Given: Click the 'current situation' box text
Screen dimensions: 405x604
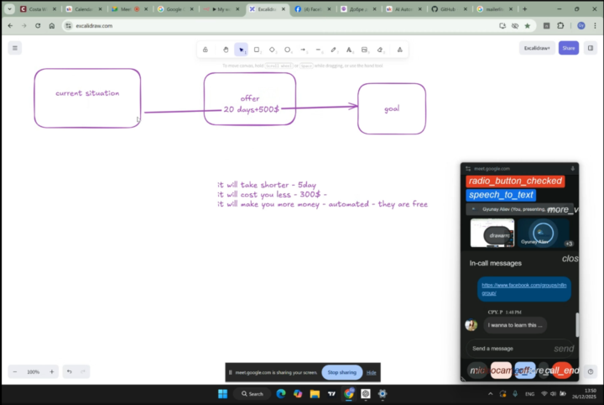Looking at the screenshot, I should click(x=87, y=93).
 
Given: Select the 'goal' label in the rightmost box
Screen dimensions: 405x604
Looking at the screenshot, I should click(x=392, y=108).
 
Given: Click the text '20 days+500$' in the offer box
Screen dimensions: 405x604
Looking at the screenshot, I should click(x=251, y=109).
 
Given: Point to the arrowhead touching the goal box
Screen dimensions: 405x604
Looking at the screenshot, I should click(x=353, y=106).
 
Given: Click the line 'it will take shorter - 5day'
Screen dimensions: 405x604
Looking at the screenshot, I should click(x=267, y=184).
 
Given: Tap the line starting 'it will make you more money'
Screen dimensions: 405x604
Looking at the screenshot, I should click(x=322, y=204).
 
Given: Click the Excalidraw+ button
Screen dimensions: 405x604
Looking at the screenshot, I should click(x=537, y=48).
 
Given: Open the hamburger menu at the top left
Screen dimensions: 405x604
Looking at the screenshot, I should click(x=14, y=48).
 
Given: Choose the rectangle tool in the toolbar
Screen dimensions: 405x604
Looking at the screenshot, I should click(x=257, y=50).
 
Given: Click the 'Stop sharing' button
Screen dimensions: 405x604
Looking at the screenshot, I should click(x=341, y=372).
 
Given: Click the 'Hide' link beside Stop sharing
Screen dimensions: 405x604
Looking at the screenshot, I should click(x=372, y=372).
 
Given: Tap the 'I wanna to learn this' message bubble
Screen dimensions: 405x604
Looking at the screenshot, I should click(x=515, y=324).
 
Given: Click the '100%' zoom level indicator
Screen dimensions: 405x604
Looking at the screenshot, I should click(x=34, y=371).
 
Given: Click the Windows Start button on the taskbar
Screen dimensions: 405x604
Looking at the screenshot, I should click(x=223, y=393).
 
